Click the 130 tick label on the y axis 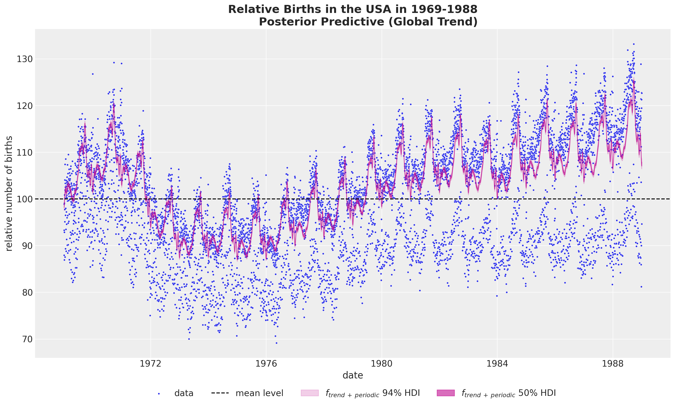point(25,59)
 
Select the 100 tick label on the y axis point(25,199)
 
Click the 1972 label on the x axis point(151,364)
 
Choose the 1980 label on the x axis point(382,364)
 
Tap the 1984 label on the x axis point(497,364)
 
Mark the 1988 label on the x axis point(613,364)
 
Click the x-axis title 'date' point(353,375)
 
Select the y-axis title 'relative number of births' point(9,193)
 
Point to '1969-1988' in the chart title point(444,9)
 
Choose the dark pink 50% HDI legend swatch point(446,393)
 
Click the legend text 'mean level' point(259,393)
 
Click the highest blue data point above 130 point(634,44)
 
